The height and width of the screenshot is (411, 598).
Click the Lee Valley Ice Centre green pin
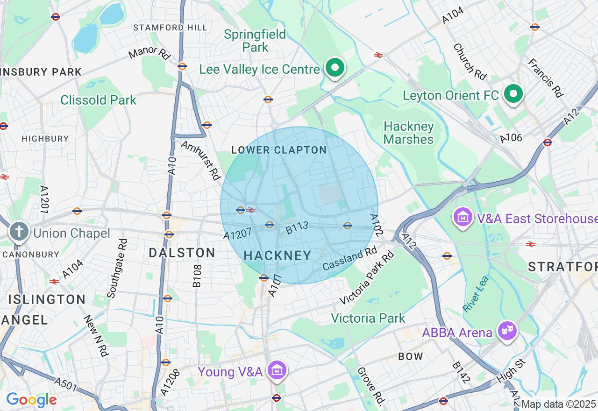coord(335,68)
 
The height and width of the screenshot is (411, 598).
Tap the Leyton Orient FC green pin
coord(513,94)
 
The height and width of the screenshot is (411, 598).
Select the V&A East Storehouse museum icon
coord(463,217)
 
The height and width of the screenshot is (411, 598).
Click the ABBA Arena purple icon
coord(508,331)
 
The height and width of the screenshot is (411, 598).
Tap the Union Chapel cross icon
coord(20,231)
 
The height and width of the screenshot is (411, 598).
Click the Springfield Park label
coord(255,41)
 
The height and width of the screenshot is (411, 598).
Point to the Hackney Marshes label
coord(408,133)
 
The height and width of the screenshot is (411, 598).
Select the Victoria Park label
coord(368,319)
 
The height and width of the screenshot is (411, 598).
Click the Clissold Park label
coord(98,100)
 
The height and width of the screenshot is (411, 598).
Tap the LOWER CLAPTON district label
coord(279,150)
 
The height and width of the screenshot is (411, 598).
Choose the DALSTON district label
coord(182,253)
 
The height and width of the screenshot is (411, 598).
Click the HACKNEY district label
coord(278,255)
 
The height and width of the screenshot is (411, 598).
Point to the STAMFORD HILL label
coord(170,28)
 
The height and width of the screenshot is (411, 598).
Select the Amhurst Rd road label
coord(200,160)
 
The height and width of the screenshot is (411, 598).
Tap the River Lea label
coord(476,294)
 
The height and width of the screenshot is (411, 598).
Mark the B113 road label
coord(297,227)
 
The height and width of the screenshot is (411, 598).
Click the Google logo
coord(31,400)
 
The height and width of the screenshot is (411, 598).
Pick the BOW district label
coord(410,356)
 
